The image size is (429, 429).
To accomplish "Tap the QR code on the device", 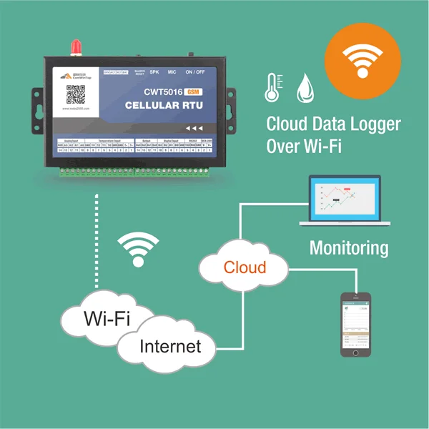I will click(x=77, y=94).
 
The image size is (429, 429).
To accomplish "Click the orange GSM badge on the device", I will click(x=192, y=92).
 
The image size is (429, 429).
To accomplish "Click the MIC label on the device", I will click(x=172, y=72).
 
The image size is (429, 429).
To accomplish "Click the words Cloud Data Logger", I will click(x=333, y=123).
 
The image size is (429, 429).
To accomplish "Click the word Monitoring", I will click(x=349, y=248).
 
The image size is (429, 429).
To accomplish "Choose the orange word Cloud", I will click(x=245, y=267).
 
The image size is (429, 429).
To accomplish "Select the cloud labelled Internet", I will click(x=169, y=347).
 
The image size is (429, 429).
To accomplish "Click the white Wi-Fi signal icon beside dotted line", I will click(x=138, y=249).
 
